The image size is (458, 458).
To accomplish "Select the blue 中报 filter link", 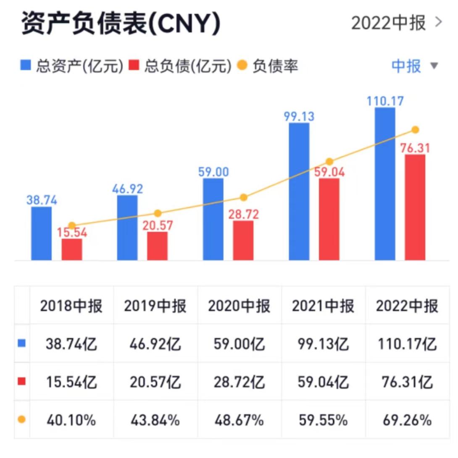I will point(406,66).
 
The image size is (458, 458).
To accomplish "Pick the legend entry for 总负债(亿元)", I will point(181,66).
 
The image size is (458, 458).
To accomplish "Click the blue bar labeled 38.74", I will point(42,233).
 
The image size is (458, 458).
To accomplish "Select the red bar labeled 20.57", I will point(157,246).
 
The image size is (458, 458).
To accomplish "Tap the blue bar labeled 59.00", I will point(213,219).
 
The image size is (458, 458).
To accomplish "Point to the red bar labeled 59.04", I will point(329,219).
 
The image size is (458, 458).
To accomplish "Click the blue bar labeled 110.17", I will point(385,184).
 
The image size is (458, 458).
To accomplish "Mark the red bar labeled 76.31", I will point(415,207).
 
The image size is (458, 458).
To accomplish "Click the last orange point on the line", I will point(415,130).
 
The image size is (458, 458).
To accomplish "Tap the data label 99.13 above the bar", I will point(299,116).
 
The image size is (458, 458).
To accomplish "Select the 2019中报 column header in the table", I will point(155,306).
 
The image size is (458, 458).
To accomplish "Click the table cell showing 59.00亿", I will point(239,345).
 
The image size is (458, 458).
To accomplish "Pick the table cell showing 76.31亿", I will point(407,382).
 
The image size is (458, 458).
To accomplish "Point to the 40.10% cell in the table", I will point(71,420).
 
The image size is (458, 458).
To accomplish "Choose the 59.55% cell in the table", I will point(323,420).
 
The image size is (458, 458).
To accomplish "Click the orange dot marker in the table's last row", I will point(22,419).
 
